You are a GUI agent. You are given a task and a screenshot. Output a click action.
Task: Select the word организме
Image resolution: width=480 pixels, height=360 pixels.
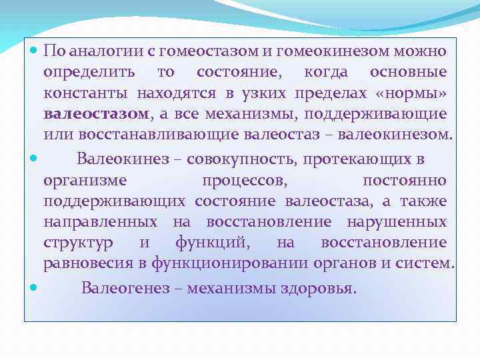pyautogui.click(x=85, y=180)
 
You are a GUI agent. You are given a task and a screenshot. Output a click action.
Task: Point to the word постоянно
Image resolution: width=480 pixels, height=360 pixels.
pyautogui.click(x=404, y=180)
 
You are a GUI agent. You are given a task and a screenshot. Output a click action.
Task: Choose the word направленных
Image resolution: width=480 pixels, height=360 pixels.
pyautogui.click(x=101, y=221)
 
